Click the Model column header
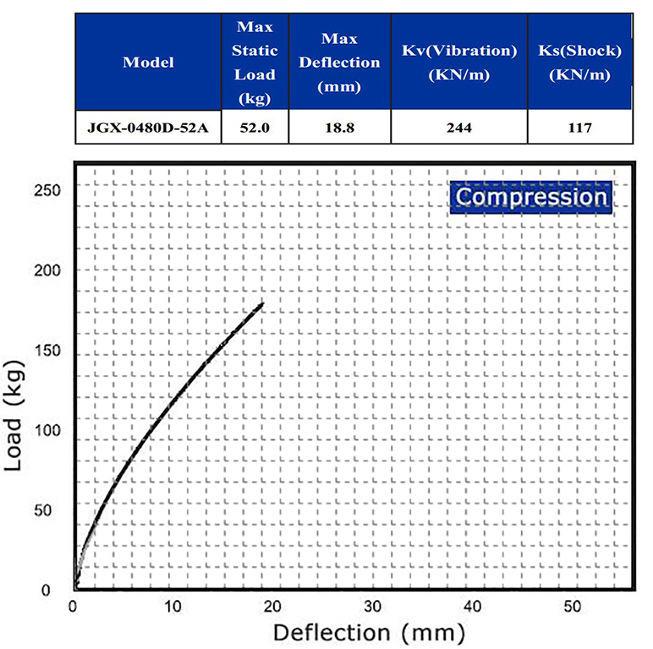tap(148, 63)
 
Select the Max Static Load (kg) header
tap(255, 63)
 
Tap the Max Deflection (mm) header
tap(340, 63)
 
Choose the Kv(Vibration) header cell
tap(459, 63)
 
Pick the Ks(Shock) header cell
tap(579, 63)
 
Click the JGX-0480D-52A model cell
tap(148, 130)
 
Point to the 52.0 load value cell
tap(255, 130)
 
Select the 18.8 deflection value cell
tap(340, 130)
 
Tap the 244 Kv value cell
tap(459, 130)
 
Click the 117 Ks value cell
tap(579, 130)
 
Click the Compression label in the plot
tap(530, 198)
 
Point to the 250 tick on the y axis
tap(47, 189)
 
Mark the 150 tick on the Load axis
tap(47, 350)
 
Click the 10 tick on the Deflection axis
tap(173, 606)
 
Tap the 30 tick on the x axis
tap(373, 606)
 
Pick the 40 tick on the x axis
tap(473, 606)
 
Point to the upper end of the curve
tap(262, 303)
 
